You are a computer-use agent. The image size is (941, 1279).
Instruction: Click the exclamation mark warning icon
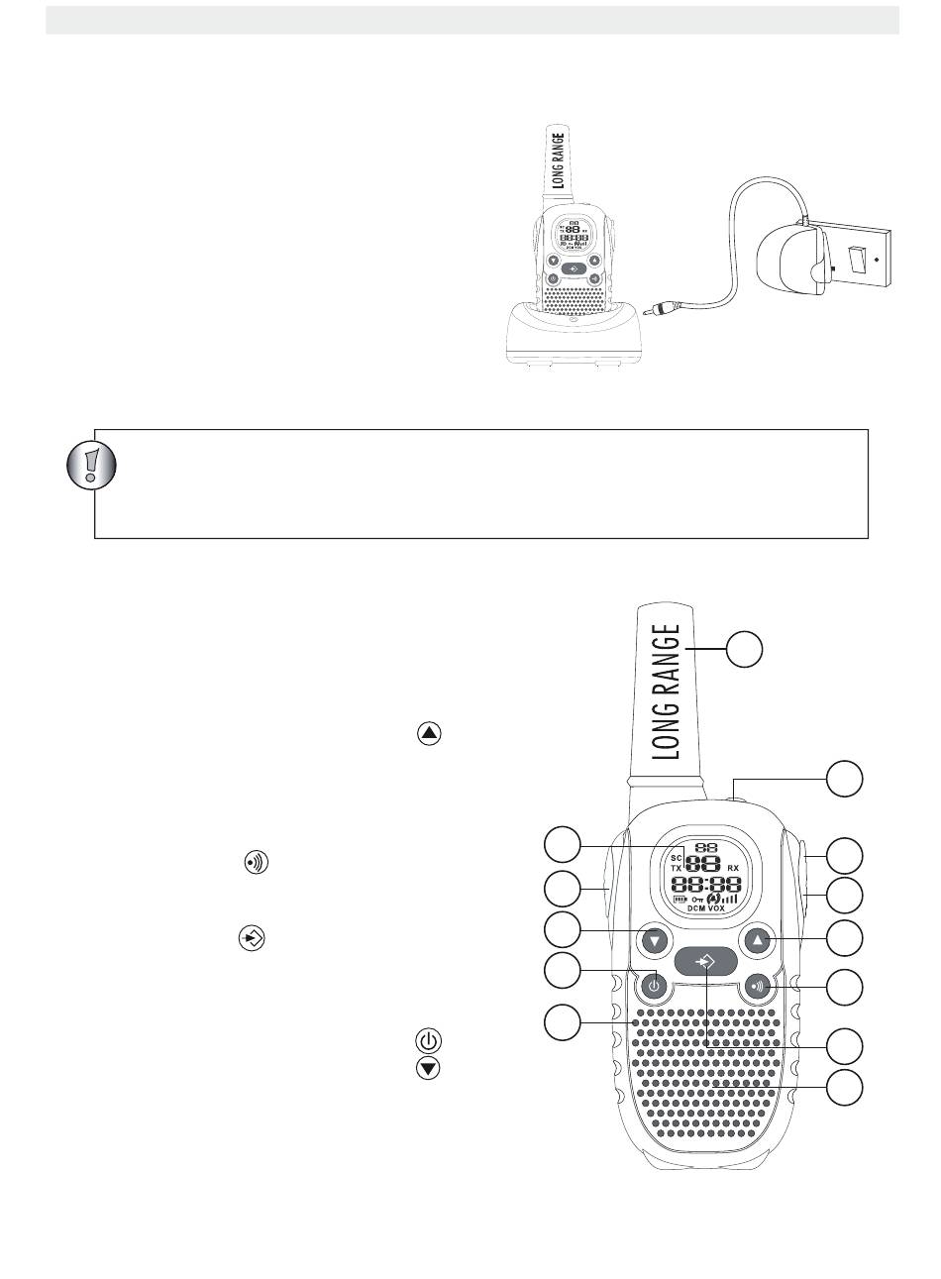(x=90, y=463)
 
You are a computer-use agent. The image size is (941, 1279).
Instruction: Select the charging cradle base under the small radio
(x=574, y=338)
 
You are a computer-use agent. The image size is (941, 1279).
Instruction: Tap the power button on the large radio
(x=653, y=986)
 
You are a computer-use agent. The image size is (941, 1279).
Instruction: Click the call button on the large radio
(x=759, y=986)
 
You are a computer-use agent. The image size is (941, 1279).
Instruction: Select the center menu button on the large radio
(x=705, y=961)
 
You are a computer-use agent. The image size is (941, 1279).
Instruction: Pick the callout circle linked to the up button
(x=845, y=938)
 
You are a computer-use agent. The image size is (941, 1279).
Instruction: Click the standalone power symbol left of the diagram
(x=428, y=1041)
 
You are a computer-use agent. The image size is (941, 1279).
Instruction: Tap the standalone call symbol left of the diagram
(x=256, y=863)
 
